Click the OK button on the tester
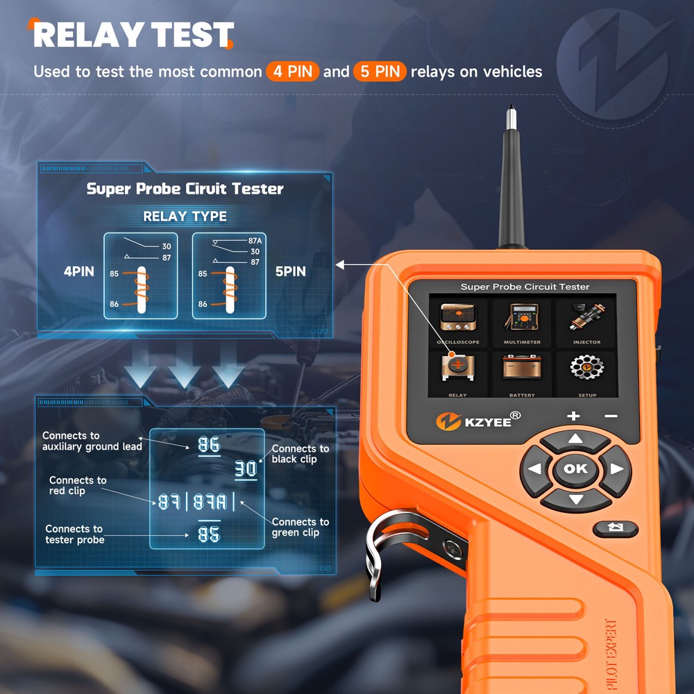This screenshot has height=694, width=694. [x=575, y=469]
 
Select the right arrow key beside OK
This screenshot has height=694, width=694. [x=615, y=470]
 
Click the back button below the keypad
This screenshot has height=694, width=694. [x=614, y=528]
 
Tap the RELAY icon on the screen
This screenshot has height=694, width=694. [x=458, y=368]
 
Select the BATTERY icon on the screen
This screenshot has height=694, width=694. [x=522, y=368]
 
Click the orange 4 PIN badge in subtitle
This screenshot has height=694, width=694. [x=292, y=71]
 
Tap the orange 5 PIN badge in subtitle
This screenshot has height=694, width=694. [x=379, y=71]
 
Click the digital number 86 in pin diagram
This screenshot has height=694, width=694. [x=209, y=445]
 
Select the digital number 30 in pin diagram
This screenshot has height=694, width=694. [x=245, y=469]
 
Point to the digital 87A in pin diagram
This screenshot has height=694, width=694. [x=209, y=501]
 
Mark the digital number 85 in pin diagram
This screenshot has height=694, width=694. [x=209, y=534]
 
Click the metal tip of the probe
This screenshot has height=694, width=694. [x=510, y=115]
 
